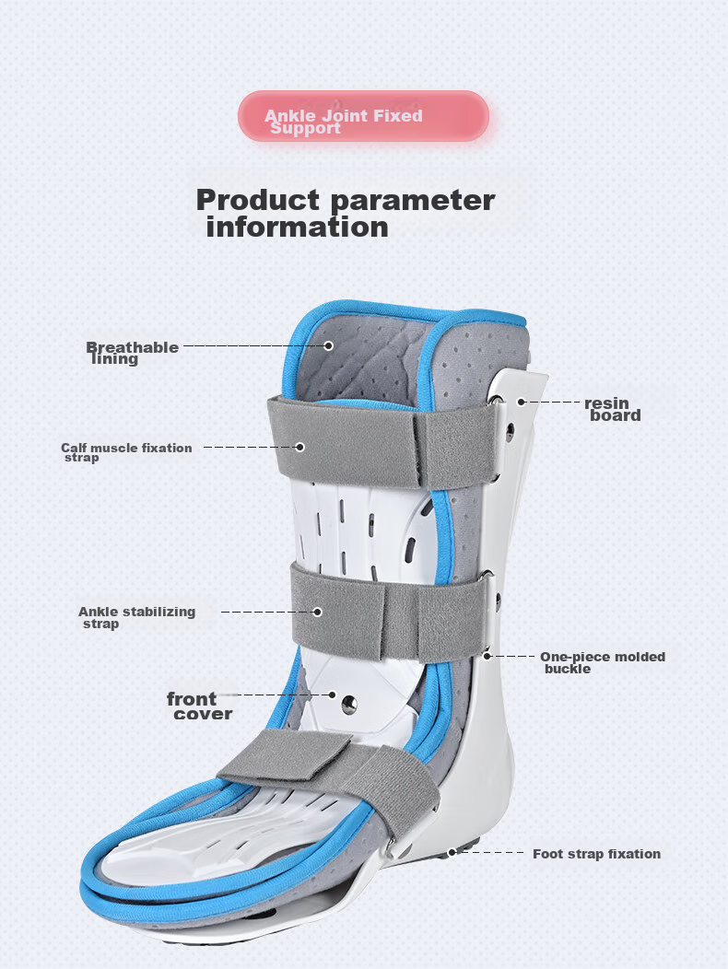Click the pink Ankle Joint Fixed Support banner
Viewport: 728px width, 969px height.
[x=364, y=116]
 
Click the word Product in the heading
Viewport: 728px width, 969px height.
[x=258, y=200]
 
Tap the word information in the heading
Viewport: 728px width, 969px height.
[x=297, y=227]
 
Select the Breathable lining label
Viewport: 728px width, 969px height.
[x=132, y=353]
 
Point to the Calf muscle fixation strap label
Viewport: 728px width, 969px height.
[x=126, y=451]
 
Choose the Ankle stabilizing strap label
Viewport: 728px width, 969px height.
[x=136, y=617]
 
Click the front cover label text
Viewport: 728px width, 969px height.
[x=199, y=706]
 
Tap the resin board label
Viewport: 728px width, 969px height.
[x=612, y=409]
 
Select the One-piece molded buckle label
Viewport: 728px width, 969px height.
[x=603, y=662]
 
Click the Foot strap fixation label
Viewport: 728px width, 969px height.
[x=596, y=854]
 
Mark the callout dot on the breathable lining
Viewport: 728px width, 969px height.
[x=329, y=346]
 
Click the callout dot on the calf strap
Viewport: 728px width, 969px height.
[x=300, y=447]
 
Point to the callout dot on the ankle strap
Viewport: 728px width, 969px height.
[x=317, y=612]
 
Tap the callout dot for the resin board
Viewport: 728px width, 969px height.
[x=522, y=402]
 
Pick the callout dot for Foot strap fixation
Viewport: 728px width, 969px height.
[x=452, y=852]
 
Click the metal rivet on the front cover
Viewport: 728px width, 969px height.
[x=349, y=704]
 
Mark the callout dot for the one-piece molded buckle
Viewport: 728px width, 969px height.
[x=487, y=656]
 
